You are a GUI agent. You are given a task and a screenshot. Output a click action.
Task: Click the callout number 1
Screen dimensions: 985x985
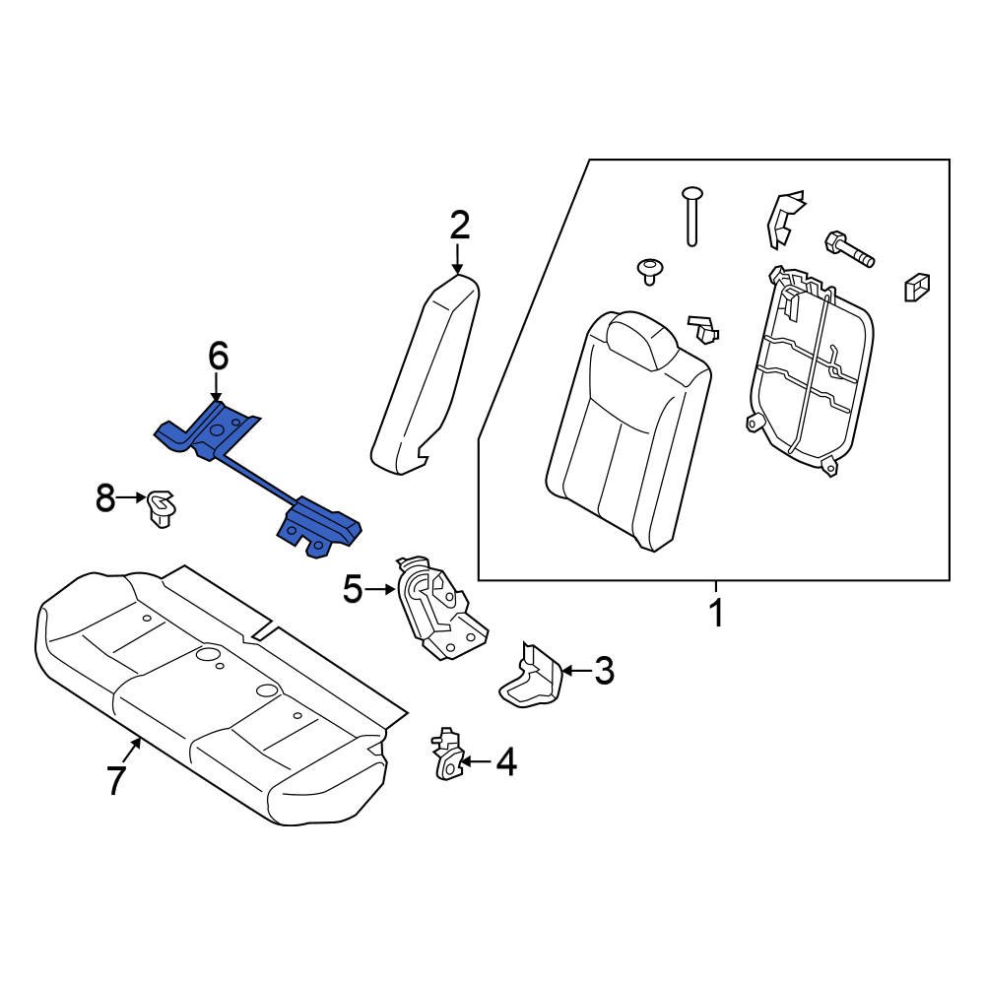coord(717,613)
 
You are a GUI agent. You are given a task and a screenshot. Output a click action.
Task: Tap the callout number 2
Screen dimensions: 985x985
coord(459,227)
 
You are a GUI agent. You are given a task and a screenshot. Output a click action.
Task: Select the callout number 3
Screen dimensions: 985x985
coord(603,672)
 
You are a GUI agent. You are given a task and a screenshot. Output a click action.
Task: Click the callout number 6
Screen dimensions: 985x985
coord(217,356)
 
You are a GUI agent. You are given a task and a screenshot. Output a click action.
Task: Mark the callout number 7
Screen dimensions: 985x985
coord(116,780)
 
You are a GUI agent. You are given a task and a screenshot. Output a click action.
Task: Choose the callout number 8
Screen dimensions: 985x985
coord(105,499)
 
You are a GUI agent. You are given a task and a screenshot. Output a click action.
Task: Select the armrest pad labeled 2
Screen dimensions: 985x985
coord(424,374)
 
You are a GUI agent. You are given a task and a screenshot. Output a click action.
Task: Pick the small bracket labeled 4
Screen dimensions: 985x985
coord(447,755)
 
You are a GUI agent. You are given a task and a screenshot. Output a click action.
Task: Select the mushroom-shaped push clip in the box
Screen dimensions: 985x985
coord(649,270)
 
